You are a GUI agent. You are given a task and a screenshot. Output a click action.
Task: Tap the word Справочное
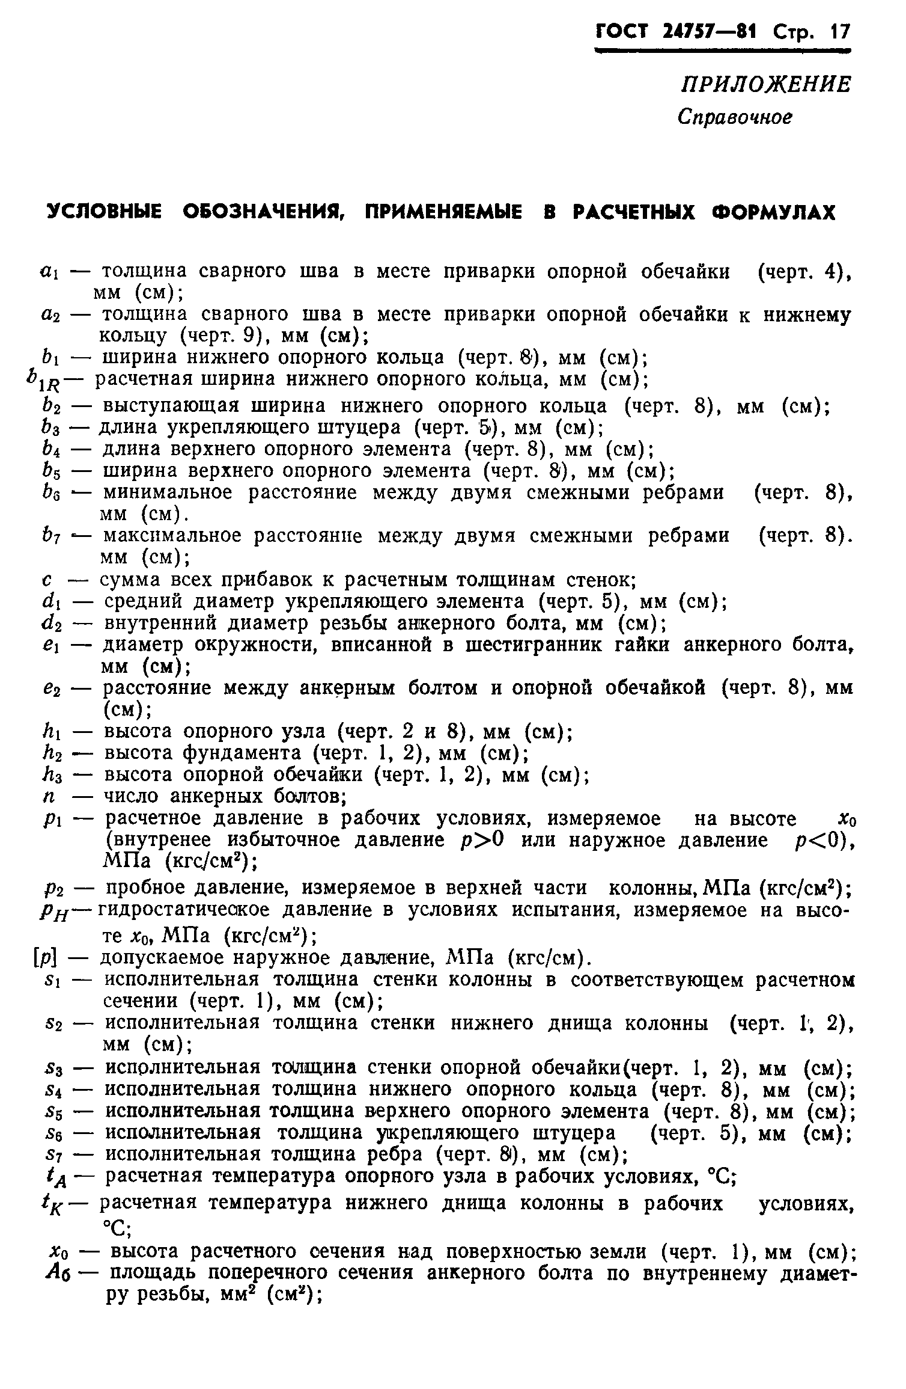point(734,117)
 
